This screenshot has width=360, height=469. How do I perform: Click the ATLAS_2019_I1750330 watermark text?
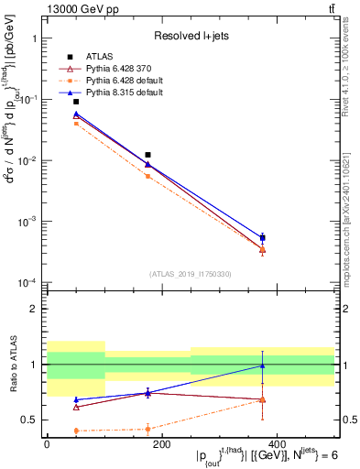[x=191, y=274]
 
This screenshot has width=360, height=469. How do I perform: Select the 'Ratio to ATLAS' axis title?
[x=13, y=364]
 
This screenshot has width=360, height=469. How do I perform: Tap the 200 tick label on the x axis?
[x=161, y=444]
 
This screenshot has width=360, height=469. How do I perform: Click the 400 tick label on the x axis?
[x=276, y=444]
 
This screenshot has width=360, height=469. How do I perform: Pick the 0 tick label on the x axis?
[x=47, y=444]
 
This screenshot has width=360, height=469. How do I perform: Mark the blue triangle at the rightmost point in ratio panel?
[x=263, y=366]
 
